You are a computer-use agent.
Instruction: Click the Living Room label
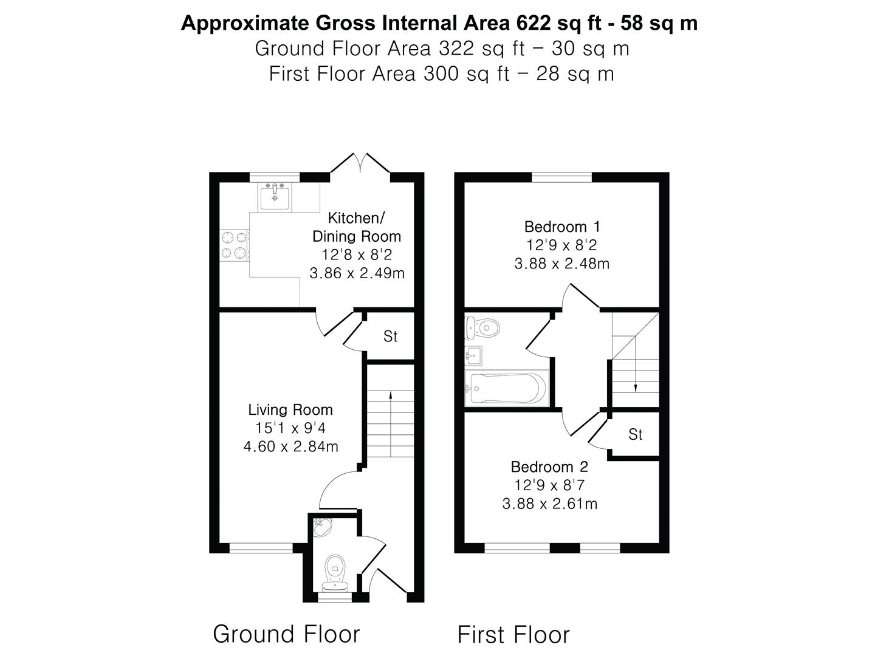(290, 410)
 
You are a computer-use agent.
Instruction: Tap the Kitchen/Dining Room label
(357, 227)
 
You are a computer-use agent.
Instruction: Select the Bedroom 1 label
(562, 227)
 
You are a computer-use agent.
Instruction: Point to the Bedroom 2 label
(549, 466)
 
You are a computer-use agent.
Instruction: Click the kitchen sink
(275, 196)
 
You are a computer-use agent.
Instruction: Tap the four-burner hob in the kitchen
(234, 245)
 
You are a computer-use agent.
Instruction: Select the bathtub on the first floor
(506, 388)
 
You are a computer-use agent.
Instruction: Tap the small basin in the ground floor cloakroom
(323, 527)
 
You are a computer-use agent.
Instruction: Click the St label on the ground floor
(390, 336)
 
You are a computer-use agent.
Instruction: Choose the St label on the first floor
(636, 434)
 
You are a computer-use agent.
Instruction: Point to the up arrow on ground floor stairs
(389, 395)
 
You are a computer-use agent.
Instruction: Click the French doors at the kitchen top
(360, 164)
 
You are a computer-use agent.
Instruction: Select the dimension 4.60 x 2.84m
(290, 446)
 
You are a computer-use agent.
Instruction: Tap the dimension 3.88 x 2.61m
(549, 504)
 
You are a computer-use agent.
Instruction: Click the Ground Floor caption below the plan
(286, 634)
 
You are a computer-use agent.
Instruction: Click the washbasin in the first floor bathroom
(473, 355)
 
